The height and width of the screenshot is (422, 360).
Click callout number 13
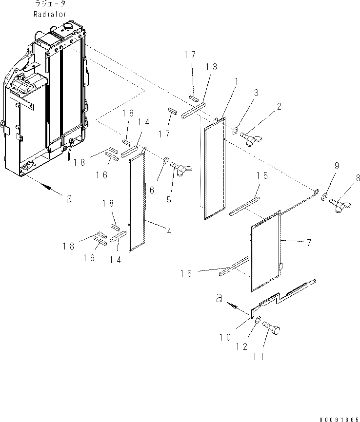212,67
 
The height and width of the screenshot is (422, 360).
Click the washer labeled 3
235,130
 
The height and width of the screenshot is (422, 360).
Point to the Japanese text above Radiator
50,4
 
